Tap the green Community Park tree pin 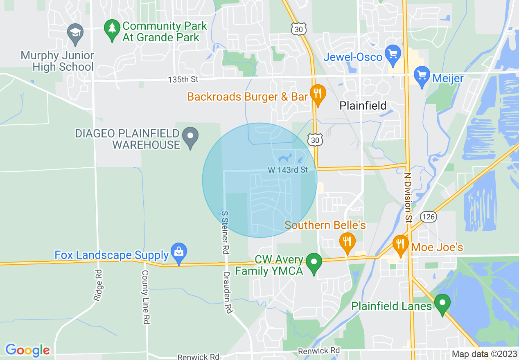pos(111,29)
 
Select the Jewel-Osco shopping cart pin pos(393,54)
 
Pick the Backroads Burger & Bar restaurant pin pos(317,94)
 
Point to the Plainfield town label pos(363,106)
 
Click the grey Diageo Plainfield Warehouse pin pos(190,137)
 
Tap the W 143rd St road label pos(288,170)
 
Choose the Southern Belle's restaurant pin pos(347,242)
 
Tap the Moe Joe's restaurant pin pos(400,245)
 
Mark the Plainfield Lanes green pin pos(442,304)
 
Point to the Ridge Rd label pos(98,291)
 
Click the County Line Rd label pos(145,297)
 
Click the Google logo pos(27,350)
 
